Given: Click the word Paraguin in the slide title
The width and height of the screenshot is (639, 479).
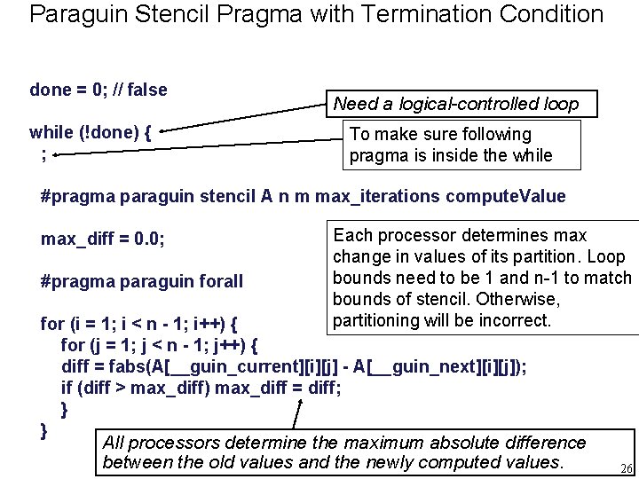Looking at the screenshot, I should tap(75, 15).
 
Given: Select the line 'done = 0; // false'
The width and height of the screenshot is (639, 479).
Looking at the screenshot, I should tap(99, 90).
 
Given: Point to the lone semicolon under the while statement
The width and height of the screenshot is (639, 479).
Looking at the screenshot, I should tap(43, 153).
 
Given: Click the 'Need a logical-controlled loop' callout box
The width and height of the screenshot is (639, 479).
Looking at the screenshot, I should tap(455, 104).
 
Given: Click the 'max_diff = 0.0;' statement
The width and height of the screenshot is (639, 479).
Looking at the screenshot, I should tap(103, 239).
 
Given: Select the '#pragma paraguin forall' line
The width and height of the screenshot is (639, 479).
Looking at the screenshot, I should tap(142, 281).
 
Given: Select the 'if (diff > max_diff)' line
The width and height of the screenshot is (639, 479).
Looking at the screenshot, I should tap(201, 388).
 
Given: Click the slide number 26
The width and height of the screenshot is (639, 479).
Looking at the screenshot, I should tap(626, 469).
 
